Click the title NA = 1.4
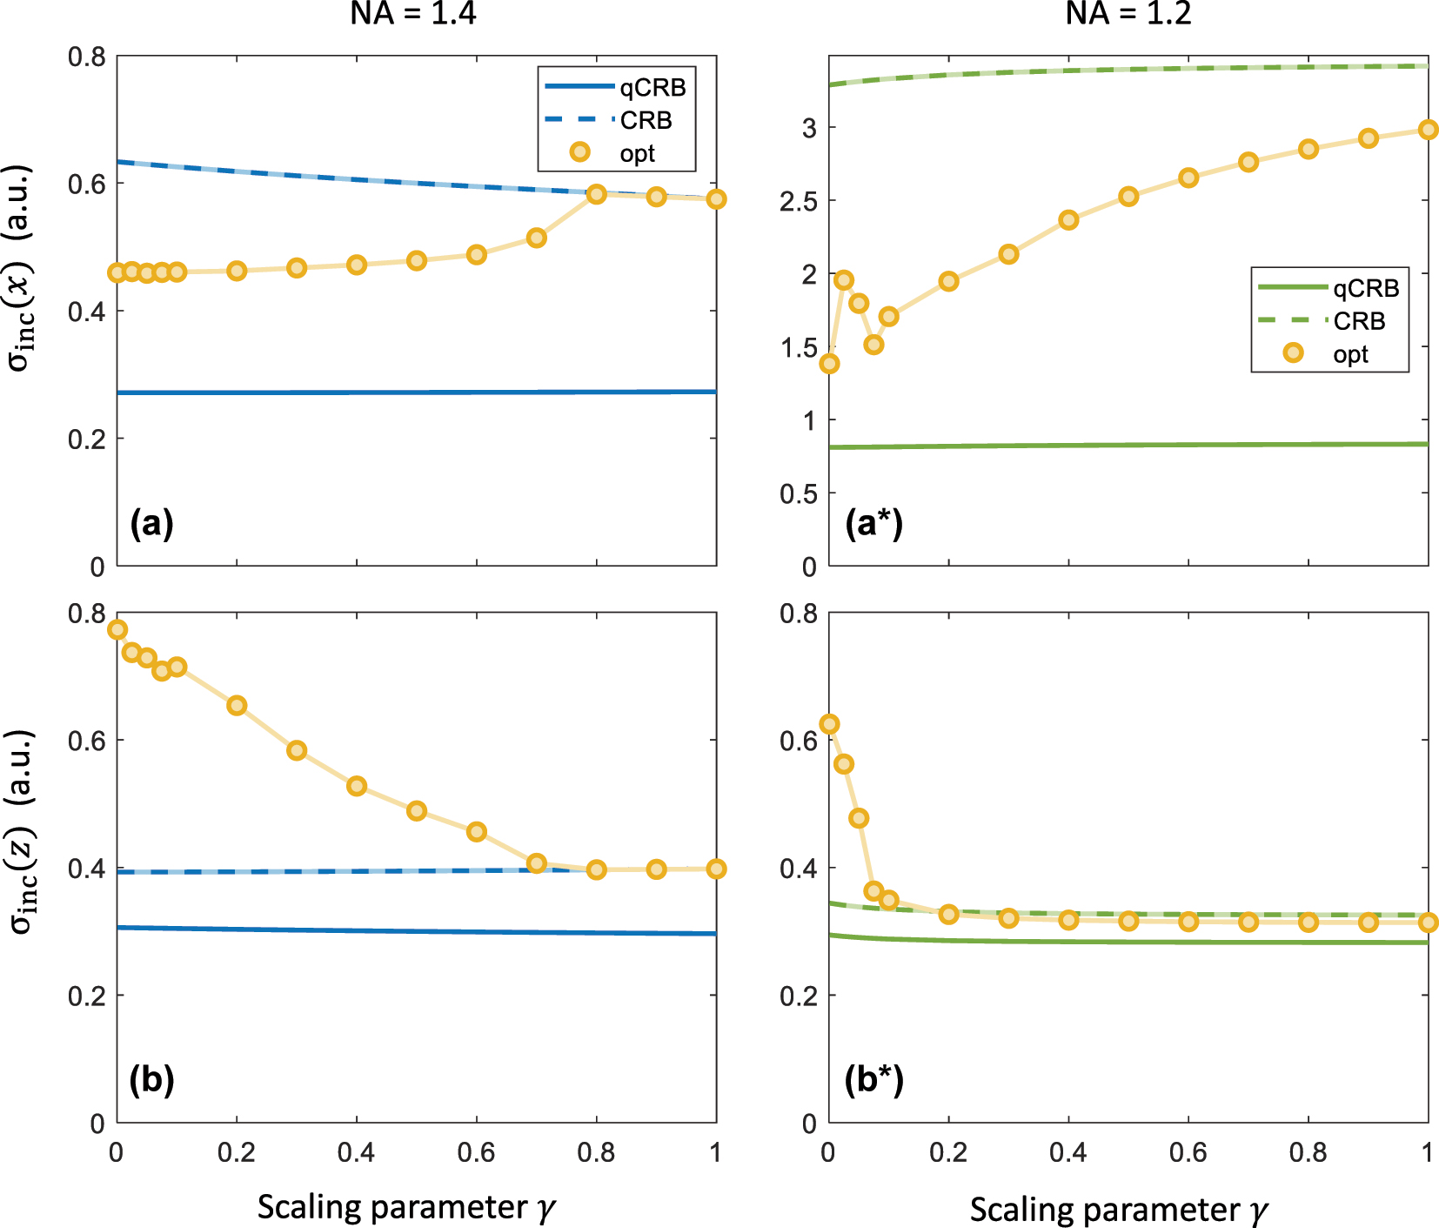(x=413, y=13)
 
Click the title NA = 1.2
(x=1128, y=13)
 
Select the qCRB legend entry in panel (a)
(x=616, y=87)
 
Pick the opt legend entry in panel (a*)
(x=1329, y=353)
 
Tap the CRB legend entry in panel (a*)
(x=1329, y=321)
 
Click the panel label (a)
(x=151, y=523)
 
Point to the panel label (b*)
(x=873, y=1079)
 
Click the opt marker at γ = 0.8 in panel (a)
(x=596, y=194)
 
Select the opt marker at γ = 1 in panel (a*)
(x=1427, y=130)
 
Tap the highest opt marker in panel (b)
(x=117, y=629)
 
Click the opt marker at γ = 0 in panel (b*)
(x=829, y=724)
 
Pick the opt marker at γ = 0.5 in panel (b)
(x=417, y=810)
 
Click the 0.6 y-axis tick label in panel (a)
(x=86, y=184)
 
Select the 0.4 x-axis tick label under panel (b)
(x=356, y=1152)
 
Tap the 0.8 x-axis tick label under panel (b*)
(x=1308, y=1152)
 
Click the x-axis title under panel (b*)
(x=1119, y=1209)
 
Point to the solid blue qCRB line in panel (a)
(x=418, y=393)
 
